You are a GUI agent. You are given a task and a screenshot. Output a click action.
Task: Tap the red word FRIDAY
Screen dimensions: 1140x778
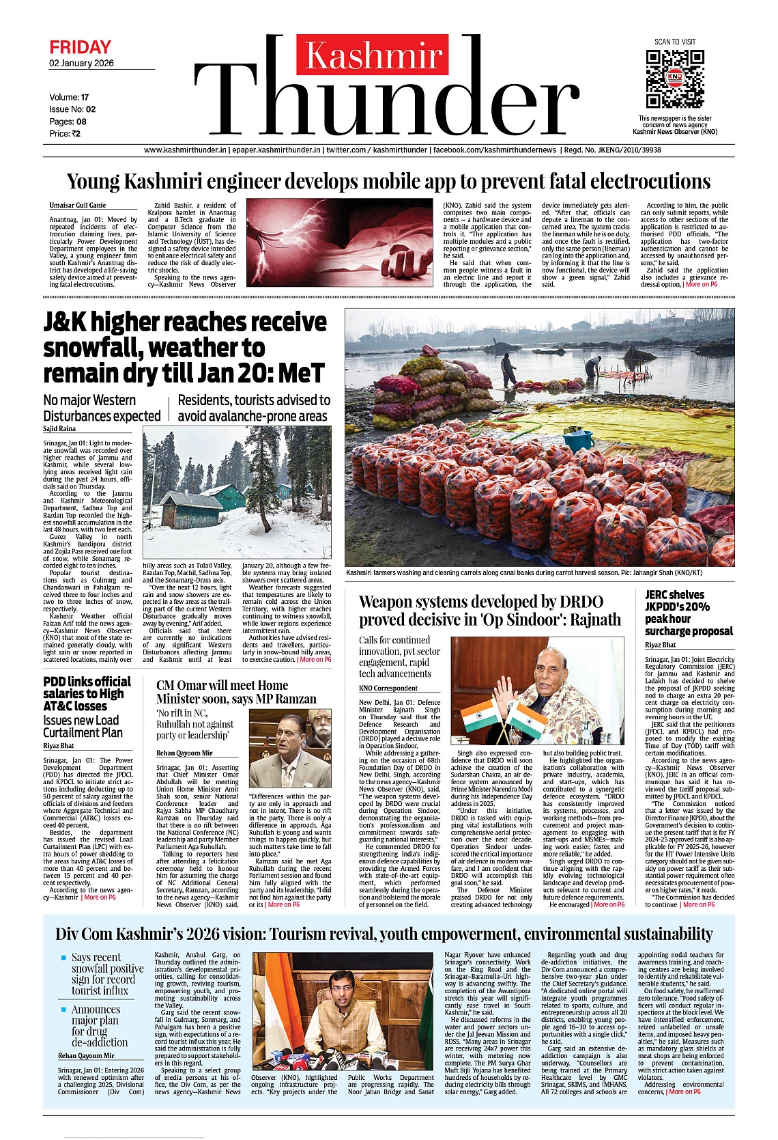(80, 47)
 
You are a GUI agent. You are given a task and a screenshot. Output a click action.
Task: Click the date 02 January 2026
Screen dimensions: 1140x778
(81, 64)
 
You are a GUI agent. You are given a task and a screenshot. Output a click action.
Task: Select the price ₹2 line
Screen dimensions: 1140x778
(65, 134)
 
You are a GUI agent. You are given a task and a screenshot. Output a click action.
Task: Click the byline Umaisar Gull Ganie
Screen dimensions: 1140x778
(77, 205)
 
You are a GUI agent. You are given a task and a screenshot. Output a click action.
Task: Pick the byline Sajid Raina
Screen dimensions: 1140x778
(59, 428)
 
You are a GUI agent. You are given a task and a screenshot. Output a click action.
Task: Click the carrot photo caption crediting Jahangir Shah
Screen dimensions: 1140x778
(523, 572)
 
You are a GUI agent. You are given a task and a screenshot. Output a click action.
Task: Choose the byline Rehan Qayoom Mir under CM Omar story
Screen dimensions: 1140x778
(184, 753)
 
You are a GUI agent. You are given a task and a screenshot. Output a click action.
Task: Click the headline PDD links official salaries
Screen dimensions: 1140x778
(87, 693)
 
